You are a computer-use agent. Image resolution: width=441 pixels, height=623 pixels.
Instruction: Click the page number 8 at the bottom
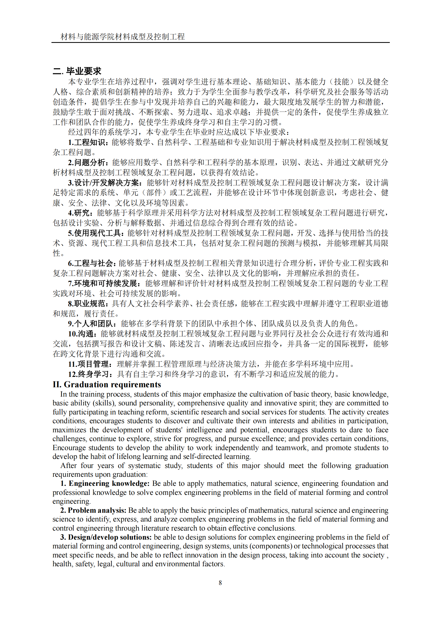pos(220,582)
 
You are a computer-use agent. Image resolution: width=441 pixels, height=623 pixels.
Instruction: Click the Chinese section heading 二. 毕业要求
pos(77,71)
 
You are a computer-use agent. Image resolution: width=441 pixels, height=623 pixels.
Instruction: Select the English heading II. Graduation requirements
pos(107,385)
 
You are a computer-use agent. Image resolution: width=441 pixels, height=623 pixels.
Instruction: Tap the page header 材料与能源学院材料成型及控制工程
pos(122,36)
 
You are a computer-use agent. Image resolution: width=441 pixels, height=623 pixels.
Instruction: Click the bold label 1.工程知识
pos(88,142)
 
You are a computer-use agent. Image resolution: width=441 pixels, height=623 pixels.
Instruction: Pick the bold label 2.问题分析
pos(88,162)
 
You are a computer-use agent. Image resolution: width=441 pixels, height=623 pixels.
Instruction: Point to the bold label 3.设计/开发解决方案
pos(105,183)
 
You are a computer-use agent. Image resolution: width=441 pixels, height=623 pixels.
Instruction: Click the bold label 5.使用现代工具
pos(96,233)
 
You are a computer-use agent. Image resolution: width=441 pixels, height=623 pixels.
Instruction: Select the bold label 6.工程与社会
pos(91,263)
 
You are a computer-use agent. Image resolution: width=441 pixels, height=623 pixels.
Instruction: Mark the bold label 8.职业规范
pos(88,304)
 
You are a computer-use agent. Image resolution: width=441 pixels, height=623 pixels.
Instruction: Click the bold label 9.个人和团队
pos(92,323)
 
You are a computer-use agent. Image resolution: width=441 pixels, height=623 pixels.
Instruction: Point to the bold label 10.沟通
pos(82,334)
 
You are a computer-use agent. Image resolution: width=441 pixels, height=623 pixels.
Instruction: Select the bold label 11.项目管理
pos(90,364)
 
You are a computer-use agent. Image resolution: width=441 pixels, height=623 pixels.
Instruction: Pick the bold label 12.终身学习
pos(90,374)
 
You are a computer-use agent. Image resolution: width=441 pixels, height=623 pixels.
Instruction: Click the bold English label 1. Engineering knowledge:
pos(105,483)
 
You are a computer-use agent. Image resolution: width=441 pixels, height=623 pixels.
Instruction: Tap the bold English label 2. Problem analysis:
pos(93,510)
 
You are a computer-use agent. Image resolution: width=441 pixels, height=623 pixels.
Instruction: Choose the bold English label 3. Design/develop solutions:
pos(106,537)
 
